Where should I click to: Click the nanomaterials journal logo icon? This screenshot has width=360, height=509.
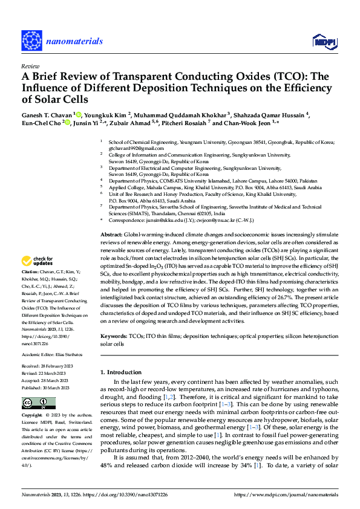31,41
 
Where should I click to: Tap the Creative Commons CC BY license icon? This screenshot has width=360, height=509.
30,403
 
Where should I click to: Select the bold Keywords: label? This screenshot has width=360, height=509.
113,336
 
